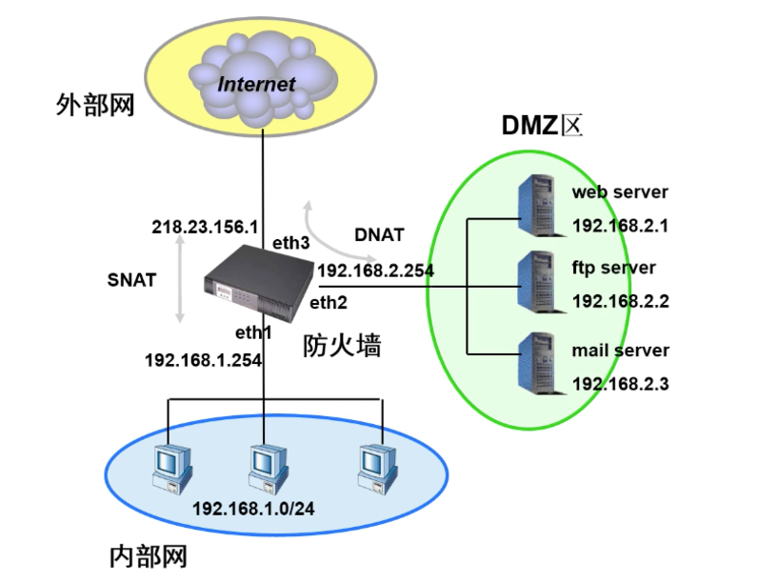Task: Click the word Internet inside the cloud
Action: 256,83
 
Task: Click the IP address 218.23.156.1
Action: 206,228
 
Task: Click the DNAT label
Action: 379,234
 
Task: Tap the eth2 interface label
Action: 329,303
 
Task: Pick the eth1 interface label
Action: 254,332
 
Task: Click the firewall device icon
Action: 260,283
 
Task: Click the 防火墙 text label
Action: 343,345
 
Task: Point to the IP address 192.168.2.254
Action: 375,271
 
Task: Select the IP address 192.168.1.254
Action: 203,360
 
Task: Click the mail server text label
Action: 620,351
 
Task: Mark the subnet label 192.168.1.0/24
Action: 253,506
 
